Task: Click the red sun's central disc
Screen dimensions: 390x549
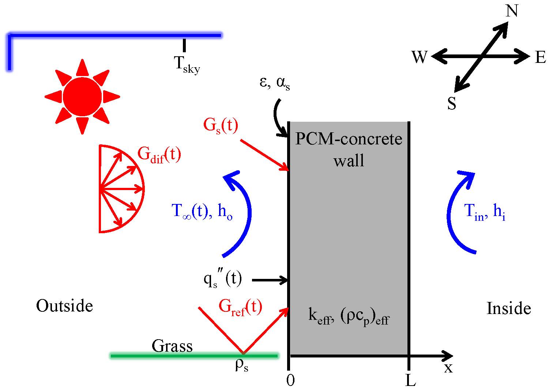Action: (x=82, y=96)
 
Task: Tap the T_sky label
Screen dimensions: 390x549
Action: (x=187, y=65)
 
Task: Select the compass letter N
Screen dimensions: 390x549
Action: (x=512, y=11)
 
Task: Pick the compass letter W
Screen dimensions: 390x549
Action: (x=420, y=57)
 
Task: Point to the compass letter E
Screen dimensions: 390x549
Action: (x=540, y=57)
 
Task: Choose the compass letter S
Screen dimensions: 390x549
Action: (x=452, y=104)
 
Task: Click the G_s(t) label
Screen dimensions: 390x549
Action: (x=221, y=126)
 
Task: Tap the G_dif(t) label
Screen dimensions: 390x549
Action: (x=159, y=155)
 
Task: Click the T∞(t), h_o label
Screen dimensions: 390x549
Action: (x=202, y=212)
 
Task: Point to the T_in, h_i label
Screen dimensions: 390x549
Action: (x=485, y=212)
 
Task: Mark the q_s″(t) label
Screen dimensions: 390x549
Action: (x=223, y=280)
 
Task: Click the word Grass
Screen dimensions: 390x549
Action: (x=172, y=346)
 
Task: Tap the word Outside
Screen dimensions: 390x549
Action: (x=64, y=306)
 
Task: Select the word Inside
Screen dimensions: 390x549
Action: (x=509, y=308)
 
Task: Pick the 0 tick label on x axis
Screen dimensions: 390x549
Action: (x=290, y=381)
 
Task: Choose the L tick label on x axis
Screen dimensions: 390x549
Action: (x=410, y=381)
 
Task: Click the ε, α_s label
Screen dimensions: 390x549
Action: (x=275, y=83)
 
